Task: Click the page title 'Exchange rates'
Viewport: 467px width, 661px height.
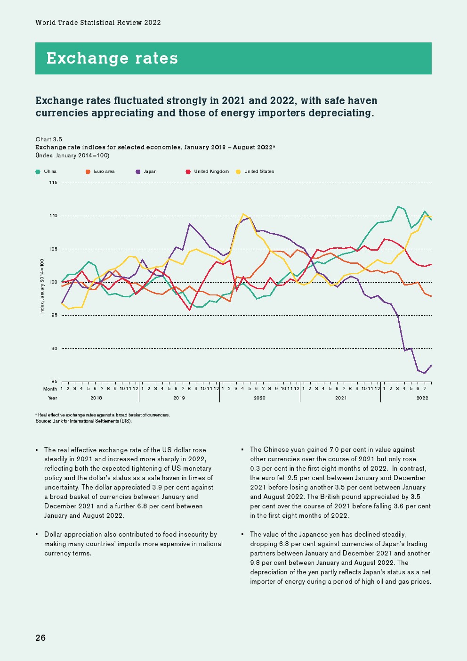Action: click(112, 58)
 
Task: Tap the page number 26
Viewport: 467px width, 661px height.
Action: click(40, 638)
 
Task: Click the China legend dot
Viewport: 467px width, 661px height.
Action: click(38, 171)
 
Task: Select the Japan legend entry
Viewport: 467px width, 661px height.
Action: click(146, 171)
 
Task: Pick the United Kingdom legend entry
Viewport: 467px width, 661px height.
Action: click(208, 171)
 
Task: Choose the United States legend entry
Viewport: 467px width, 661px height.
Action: click(255, 171)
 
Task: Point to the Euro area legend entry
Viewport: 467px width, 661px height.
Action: click(100, 171)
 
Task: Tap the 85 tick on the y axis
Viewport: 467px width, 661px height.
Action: click(54, 382)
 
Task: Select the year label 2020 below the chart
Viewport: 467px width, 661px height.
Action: click(259, 398)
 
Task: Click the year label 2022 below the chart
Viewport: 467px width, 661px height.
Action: click(422, 398)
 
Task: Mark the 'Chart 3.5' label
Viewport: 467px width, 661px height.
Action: click(49, 139)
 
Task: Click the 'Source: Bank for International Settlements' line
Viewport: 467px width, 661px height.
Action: click(84, 421)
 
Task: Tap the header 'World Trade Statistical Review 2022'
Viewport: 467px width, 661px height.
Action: click(98, 23)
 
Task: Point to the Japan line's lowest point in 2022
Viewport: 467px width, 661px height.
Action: click(425, 373)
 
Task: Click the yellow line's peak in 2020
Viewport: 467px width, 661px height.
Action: click(243, 214)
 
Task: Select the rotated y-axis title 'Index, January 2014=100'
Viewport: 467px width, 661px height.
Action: click(42, 286)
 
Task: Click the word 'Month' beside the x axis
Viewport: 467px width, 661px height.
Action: click(50, 389)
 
